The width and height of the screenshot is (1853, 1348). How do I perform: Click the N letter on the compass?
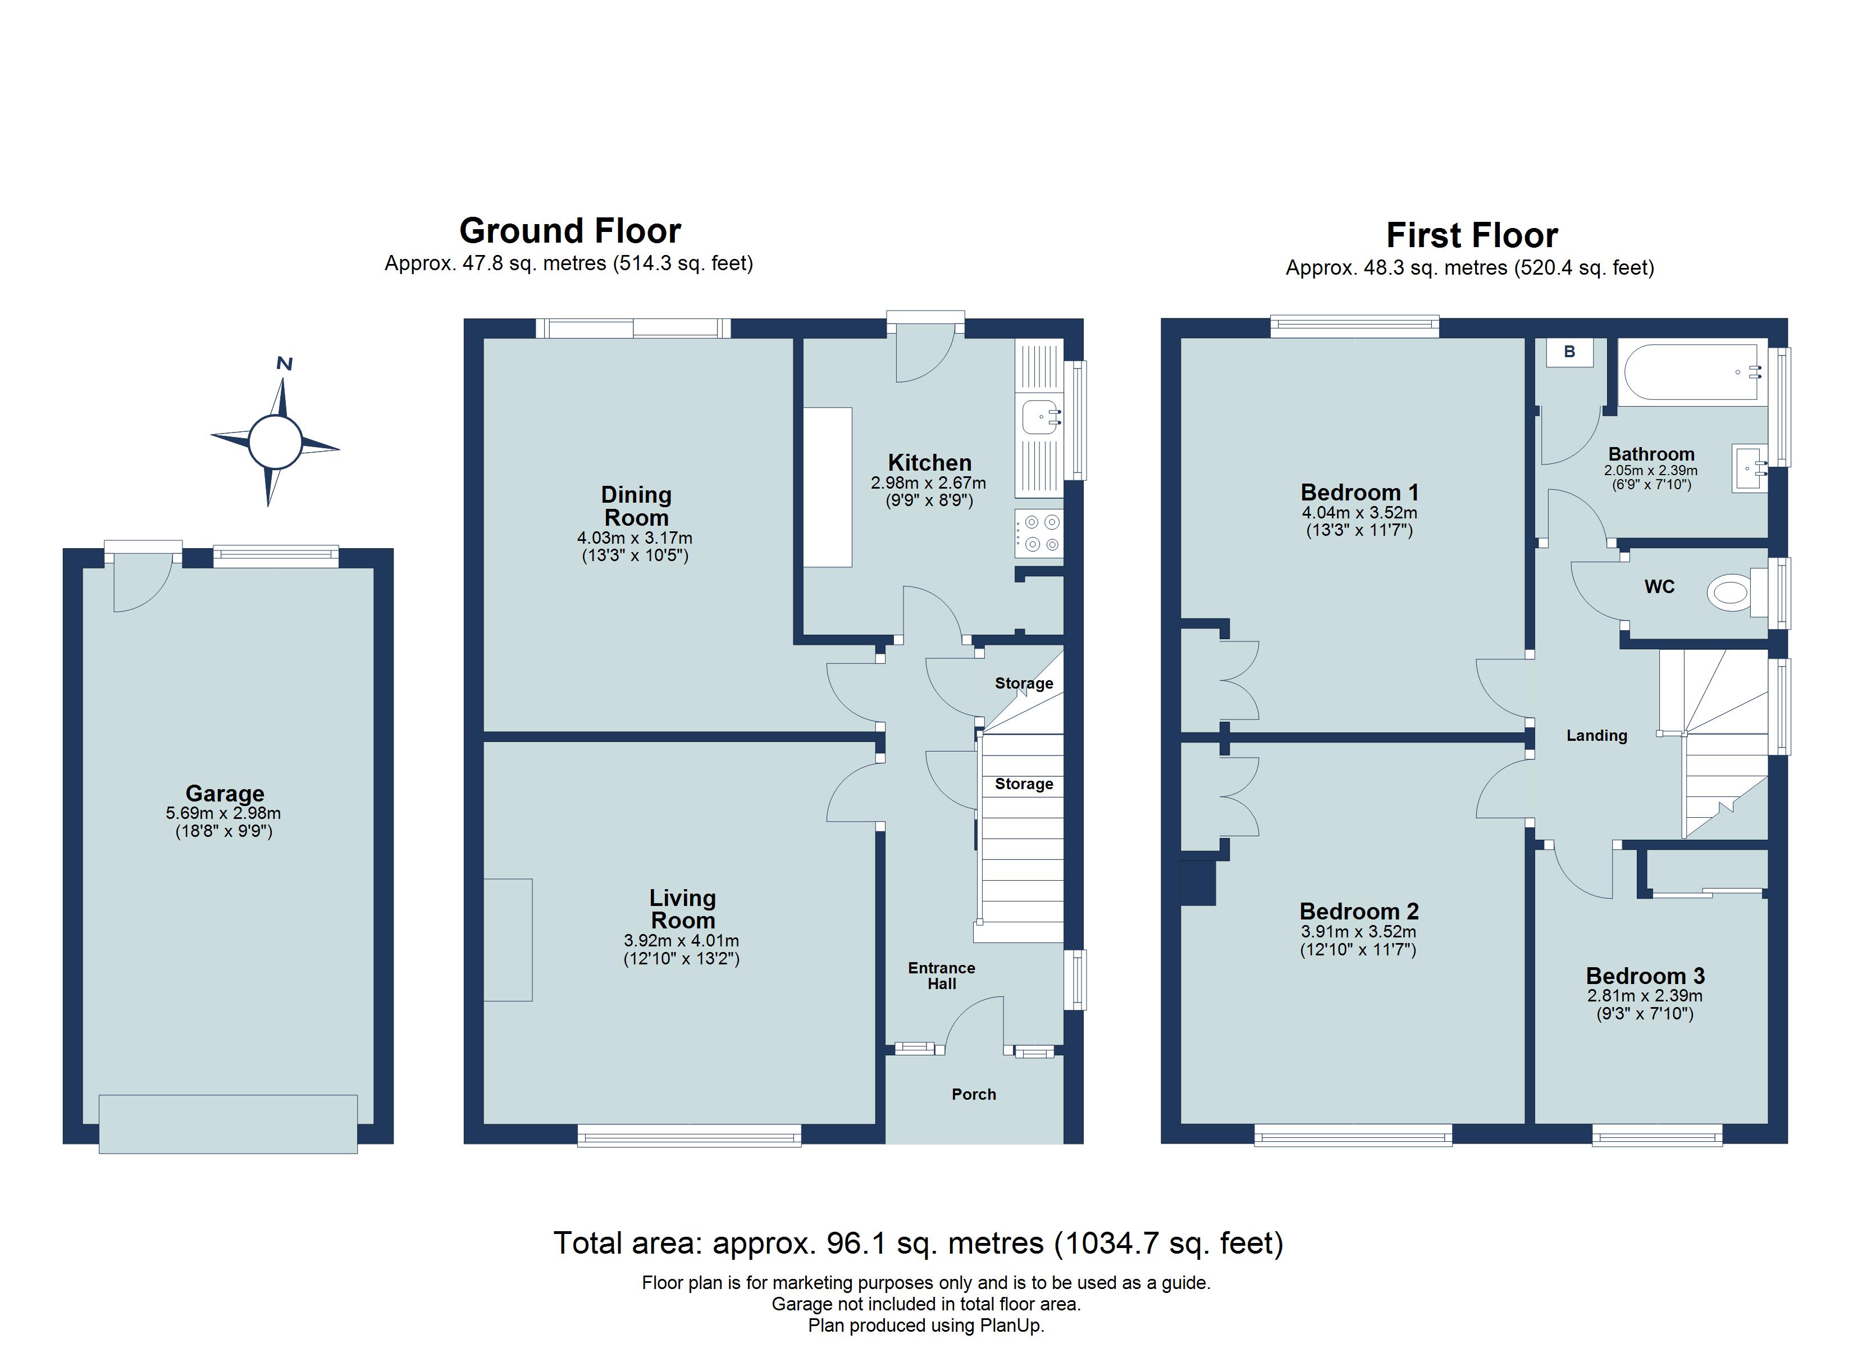(284, 364)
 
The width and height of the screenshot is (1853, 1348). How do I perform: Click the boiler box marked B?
(1569, 352)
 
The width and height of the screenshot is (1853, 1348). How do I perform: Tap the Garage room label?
(225, 793)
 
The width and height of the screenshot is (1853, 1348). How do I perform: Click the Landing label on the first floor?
(1596, 736)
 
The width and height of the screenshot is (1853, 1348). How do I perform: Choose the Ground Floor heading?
(569, 231)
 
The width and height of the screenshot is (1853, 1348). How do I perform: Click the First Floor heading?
(1472, 235)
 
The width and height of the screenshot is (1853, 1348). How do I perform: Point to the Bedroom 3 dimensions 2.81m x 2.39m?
(1644, 996)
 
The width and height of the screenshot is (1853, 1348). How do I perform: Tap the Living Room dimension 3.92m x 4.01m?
(681, 941)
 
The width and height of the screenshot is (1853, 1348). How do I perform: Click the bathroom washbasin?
(1749, 468)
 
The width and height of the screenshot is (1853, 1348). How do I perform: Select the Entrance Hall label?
(941, 975)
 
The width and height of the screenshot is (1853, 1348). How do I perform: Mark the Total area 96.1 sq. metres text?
(918, 1244)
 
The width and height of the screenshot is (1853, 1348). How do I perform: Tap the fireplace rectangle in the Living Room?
(508, 940)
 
